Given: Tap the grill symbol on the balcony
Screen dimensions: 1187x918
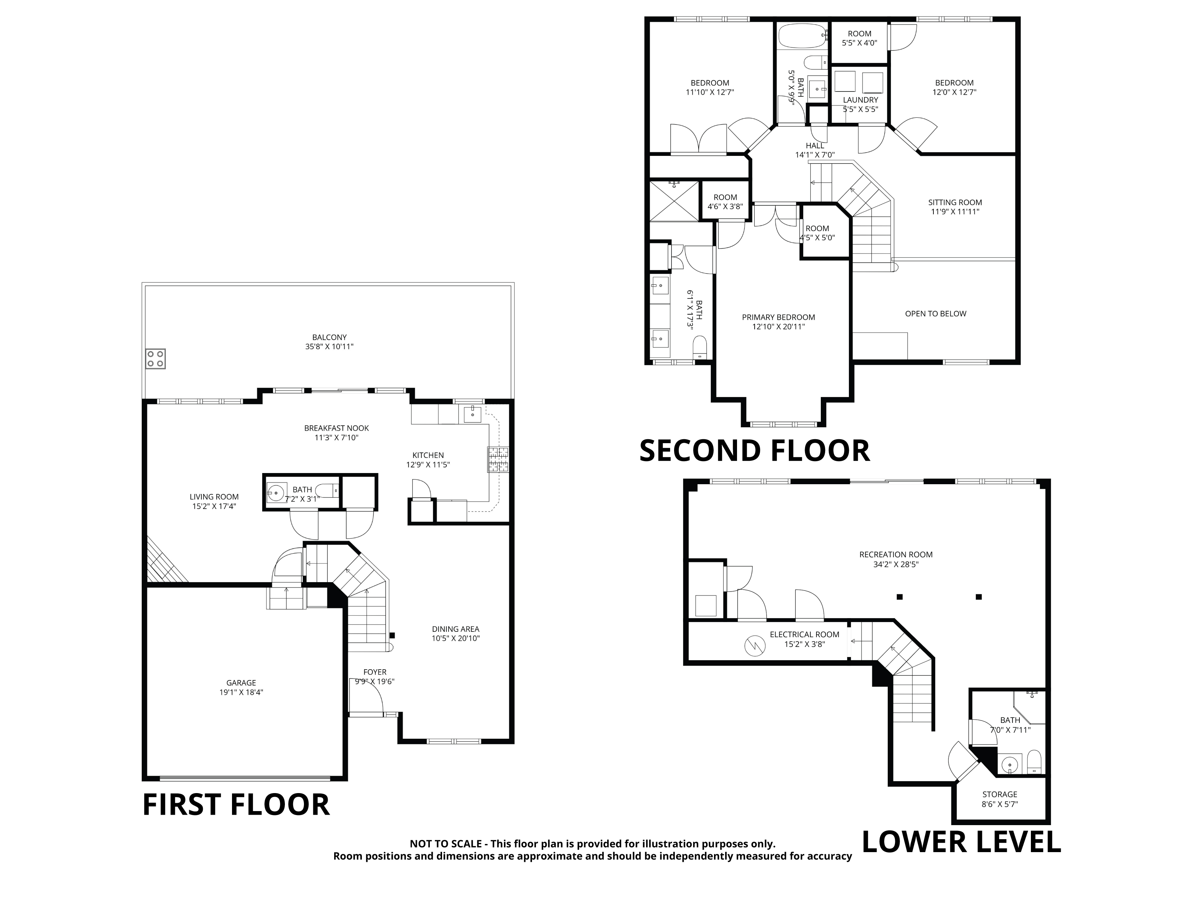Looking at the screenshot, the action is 155,359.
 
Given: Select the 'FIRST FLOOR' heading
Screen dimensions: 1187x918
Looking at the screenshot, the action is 236,805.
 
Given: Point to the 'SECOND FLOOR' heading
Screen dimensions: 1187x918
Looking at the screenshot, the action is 754,451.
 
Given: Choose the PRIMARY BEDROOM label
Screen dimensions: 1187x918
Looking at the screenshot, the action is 778,318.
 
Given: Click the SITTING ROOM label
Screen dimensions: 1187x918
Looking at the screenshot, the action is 955,203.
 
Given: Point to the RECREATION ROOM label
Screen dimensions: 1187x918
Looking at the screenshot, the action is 896,555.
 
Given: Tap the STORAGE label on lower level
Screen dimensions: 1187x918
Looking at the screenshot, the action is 1000,795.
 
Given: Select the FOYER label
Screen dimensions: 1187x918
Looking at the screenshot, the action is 375,672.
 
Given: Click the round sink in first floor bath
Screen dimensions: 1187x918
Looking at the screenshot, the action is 277,493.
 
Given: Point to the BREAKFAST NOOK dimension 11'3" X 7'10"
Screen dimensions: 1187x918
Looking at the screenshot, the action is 336,437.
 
